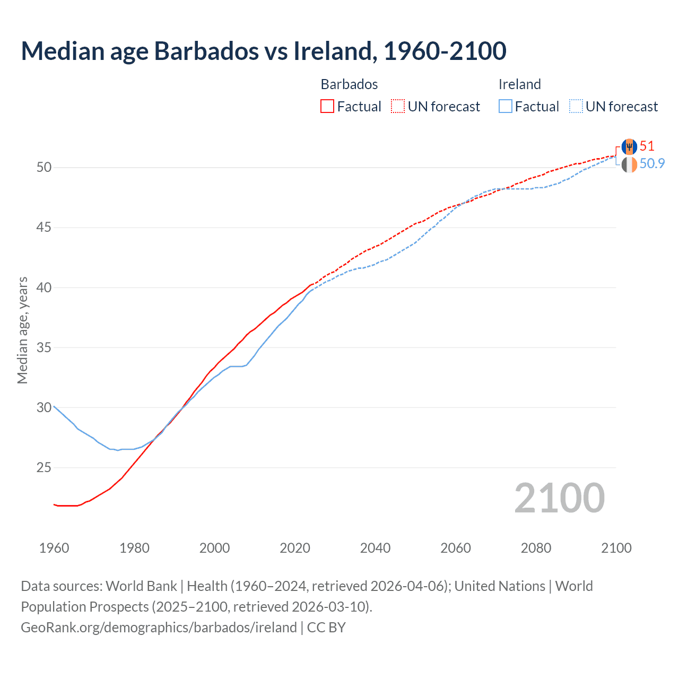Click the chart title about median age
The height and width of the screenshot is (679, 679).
click(x=264, y=51)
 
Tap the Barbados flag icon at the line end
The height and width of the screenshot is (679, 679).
click(x=629, y=146)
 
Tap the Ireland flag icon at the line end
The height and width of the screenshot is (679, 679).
click(x=629, y=165)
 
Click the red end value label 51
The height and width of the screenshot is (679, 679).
click(x=647, y=146)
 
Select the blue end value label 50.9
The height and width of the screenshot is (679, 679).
click(x=652, y=163)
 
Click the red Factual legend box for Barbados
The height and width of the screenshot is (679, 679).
click(x=327, y=107)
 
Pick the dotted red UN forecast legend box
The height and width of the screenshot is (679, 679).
click(x=398, y=107)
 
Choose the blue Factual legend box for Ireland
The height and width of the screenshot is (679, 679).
click(x=505, y=107)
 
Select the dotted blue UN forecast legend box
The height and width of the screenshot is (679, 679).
click(x=576, y=107)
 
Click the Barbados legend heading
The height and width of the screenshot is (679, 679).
click(x=349, y=84)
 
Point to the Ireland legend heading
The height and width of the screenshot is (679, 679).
click(x=519, y=84)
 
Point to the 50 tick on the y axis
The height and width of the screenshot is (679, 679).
click(x=44, y=168)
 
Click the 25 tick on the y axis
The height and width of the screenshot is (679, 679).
click(x=44, y=468)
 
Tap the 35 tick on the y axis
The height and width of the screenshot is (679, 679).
click(x=44, y=348)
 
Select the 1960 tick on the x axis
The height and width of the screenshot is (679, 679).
click(x=54, y=548)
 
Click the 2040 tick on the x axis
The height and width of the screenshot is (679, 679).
click(x=375, y=548)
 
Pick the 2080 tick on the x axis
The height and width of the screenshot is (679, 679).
click(x=536, y=548)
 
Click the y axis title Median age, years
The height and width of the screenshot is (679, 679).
click(x=22, y=330)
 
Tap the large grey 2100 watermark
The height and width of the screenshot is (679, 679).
click(x=559, y=498)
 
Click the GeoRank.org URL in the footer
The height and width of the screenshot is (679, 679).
click(x=159, y=628)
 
